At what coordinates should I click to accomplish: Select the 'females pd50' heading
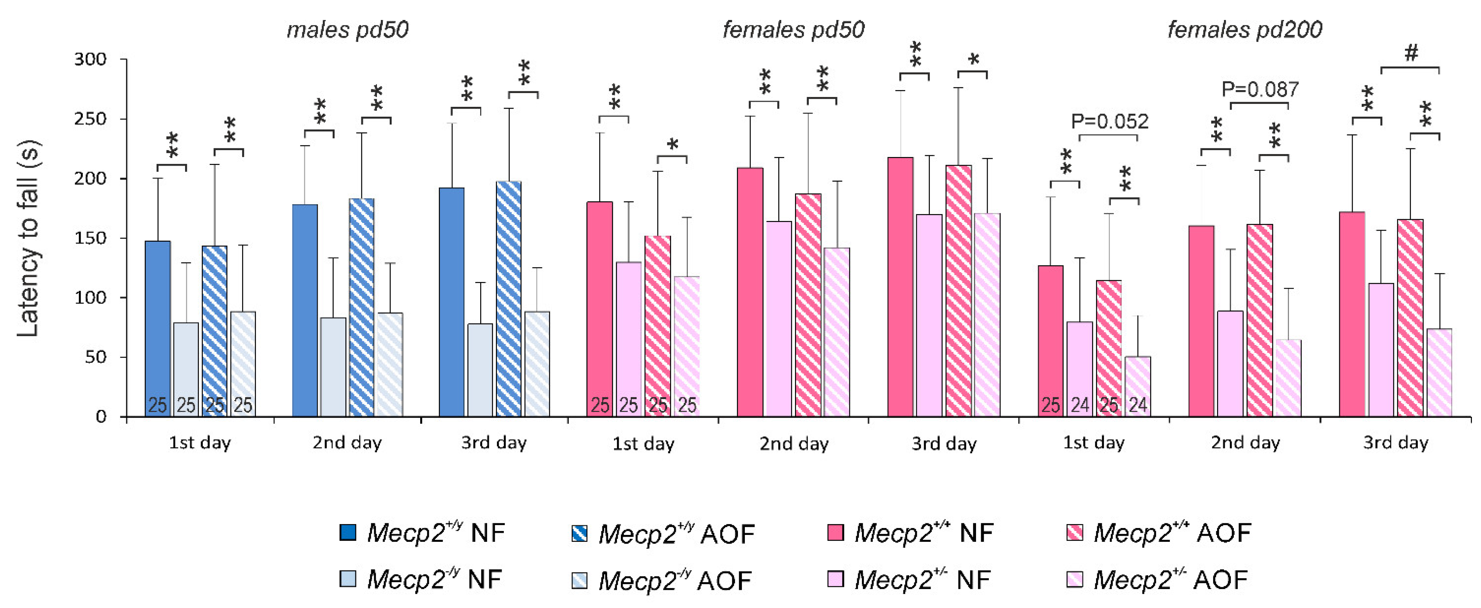pos(793,30)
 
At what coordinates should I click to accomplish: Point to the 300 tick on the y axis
pos(90,59)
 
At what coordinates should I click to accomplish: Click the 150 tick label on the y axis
pos(90,238)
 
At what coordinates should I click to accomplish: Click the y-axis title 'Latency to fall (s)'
pos(28,238)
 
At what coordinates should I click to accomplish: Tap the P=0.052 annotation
pos(1109,121)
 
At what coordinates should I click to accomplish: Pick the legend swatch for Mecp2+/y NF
pos(348,533)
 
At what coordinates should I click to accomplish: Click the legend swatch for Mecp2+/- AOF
pos(1074,579)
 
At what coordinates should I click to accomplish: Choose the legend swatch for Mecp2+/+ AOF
pos(1074,533)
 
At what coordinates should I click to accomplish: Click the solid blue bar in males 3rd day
pos(451,302)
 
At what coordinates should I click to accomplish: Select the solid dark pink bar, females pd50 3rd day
pos(900,287)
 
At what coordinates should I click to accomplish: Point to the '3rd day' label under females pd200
pos(1395,443)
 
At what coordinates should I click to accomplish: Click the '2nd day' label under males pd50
pos(347,443)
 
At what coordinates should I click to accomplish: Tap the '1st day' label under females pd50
pos(643,444)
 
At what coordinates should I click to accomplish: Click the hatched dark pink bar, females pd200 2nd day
pos(1260,320)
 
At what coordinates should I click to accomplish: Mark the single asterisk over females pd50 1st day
pos(672,145)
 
